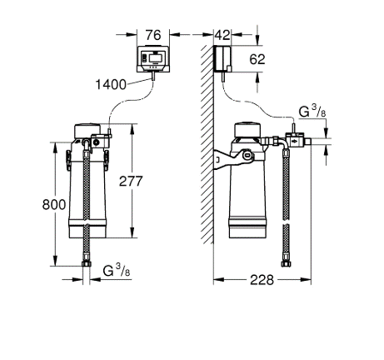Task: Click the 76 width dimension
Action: click(153, 35)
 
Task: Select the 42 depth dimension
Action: click(222, 35)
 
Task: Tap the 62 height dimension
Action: click(257, 59)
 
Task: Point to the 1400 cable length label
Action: click(111, 84)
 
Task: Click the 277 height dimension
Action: click(131, 181)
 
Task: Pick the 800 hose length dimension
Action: click(54, 205)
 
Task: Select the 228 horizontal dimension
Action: click(262, 280)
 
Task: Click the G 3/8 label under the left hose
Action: click(117, 270)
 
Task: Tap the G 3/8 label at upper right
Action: click(312, 112)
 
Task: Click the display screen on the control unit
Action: click(157, 58)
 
